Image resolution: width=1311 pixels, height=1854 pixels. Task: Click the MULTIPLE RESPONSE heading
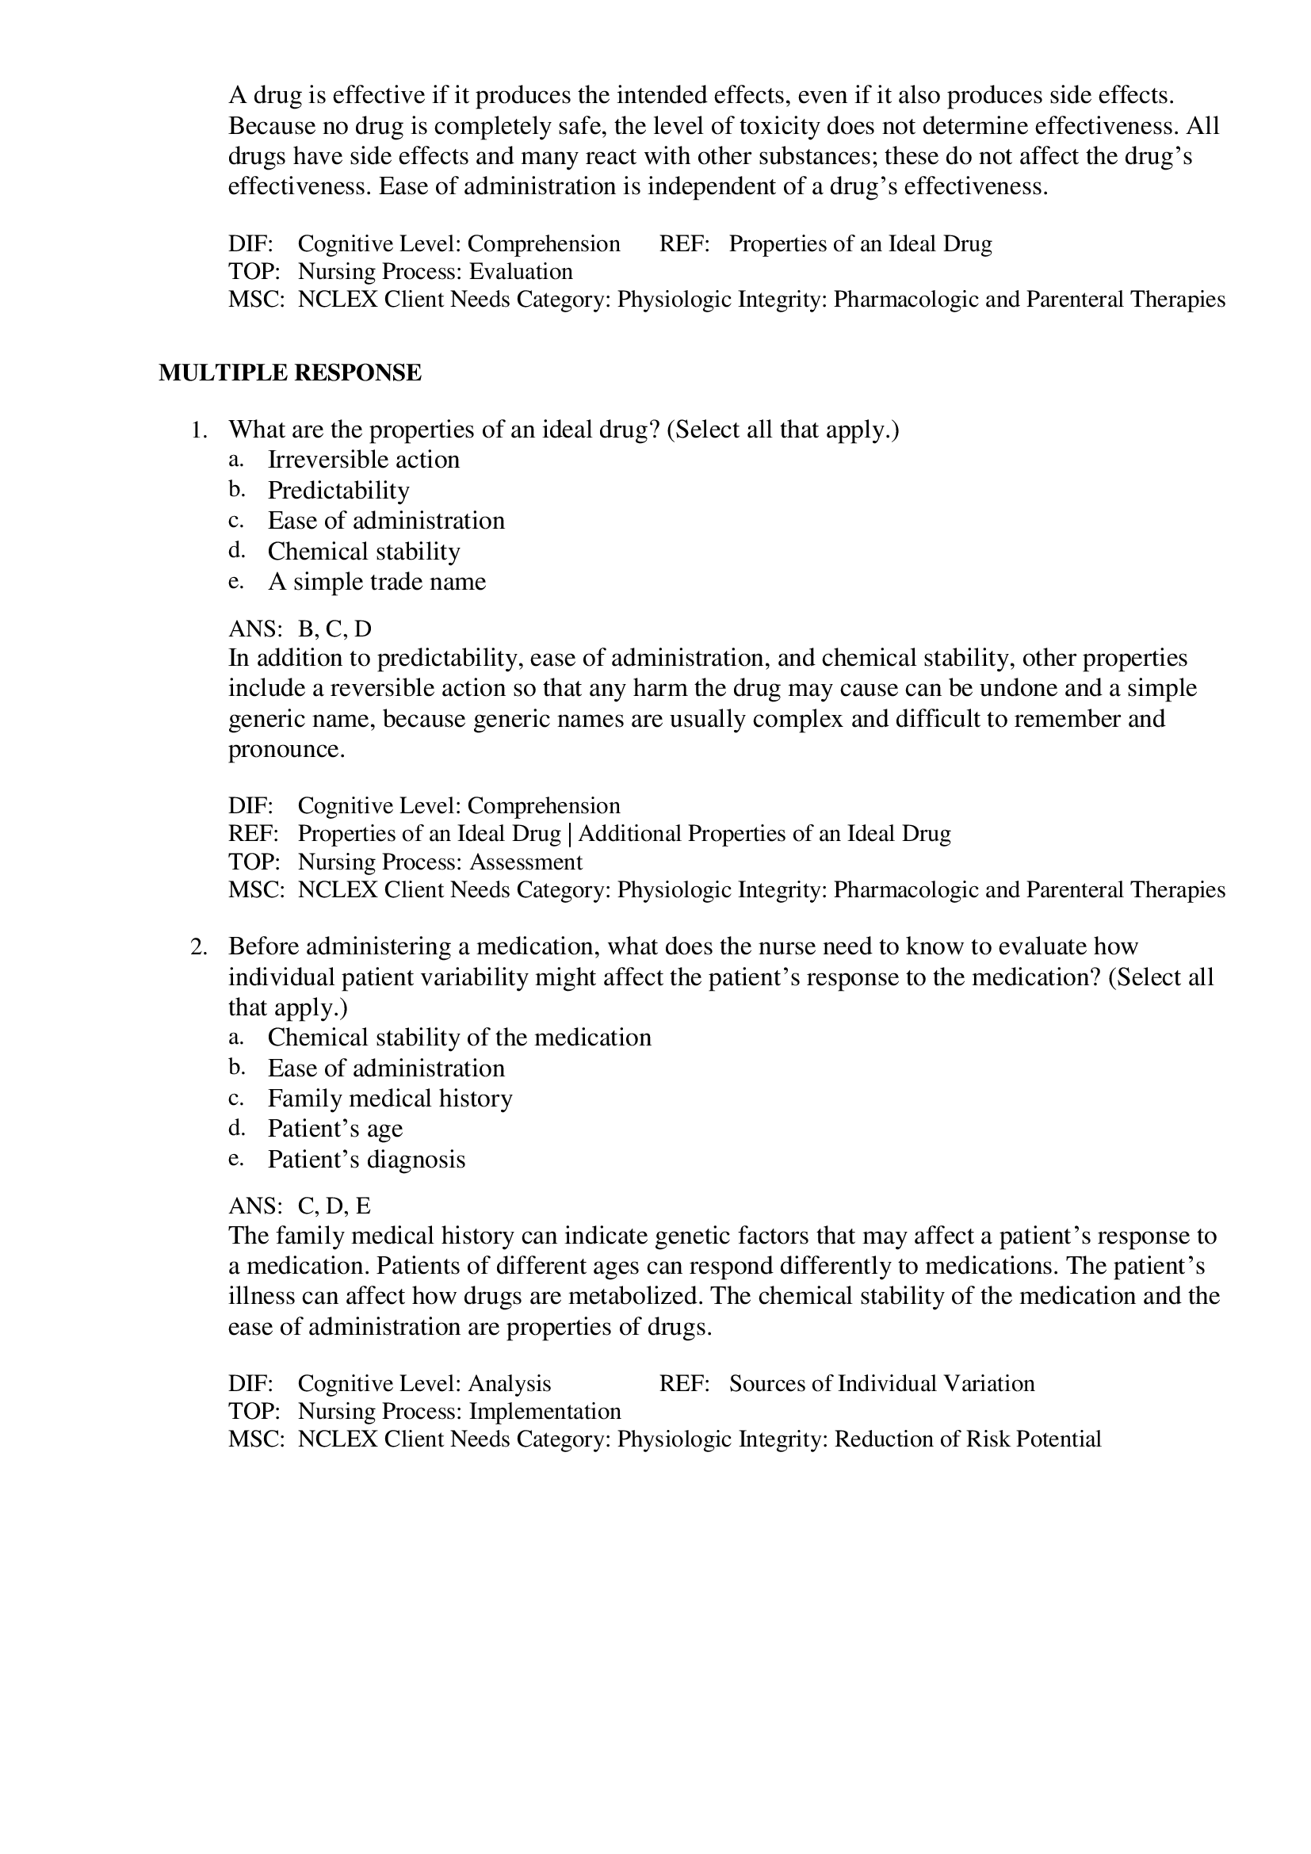pyautogui.click(x=290, y=373)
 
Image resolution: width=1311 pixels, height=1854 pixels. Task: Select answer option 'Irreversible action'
pyautogui.click(x=363, y=460)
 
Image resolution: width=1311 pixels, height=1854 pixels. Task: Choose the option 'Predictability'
pyautogui.click(x=338, y=490)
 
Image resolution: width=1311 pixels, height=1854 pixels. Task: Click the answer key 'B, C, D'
pyautogui.click(x=334, y=629)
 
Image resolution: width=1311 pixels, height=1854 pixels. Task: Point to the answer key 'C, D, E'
pyautogui.click(x=334, y=1206)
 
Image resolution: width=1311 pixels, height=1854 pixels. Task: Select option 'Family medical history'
pyautogui.click(x=390, y=1098)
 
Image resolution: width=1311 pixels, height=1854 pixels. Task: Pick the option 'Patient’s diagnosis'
pyautogui.click(x=366, y=1160)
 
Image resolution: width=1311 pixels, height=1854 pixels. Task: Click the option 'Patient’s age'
pyautogui.click(x=335, y=1129)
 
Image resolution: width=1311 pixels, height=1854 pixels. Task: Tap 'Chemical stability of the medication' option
pyautogui.click(x=460, y=1037)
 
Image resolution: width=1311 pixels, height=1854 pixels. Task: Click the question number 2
pyautogui.click(x=199, y=946)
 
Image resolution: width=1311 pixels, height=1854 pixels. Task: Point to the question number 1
pyautogui.click(x=199, y=430)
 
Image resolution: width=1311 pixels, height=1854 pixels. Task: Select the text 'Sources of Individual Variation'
pyautogui.click(x=881, y=1383)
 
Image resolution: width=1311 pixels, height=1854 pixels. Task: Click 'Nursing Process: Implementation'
pyautogui.click(x=460, y=1411)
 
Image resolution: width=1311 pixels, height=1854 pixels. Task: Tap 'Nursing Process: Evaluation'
pyautogui.click(x=435, y=271)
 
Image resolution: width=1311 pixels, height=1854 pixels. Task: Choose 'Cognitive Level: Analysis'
pyautogui.click(x=424, y=1383)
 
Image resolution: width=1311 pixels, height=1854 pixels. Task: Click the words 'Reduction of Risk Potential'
pyautogui.click(x=967, y=1439)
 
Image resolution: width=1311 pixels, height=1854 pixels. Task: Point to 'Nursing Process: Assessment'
pyautogui.click(x=440, y=862)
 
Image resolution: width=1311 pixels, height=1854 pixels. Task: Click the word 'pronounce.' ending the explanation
pyautogui.click(x=287, y=749)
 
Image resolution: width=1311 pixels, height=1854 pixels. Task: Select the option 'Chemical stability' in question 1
pyautogui.click(x=363, y=552)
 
